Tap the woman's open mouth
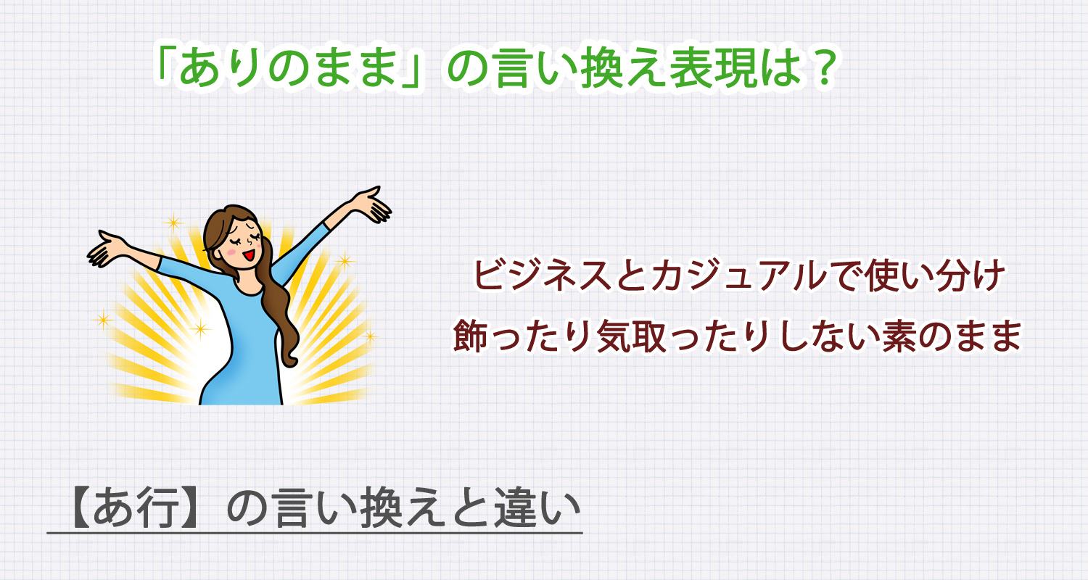pyautogui.click(x=249, y=255)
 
